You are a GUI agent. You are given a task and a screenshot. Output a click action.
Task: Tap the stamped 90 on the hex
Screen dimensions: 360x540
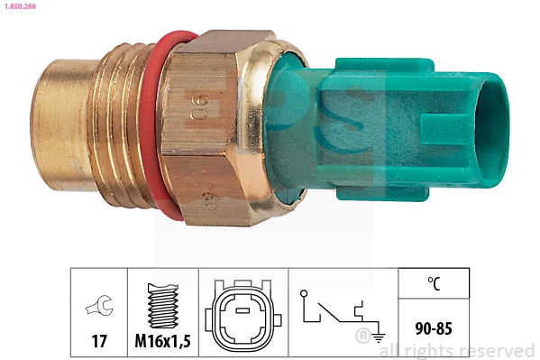point(201,106)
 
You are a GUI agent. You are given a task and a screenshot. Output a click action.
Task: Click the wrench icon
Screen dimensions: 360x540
point(99,307)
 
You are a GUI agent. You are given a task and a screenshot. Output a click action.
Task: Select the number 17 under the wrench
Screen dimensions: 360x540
point(99,342)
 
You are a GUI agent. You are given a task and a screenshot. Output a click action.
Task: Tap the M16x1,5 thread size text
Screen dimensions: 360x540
point(164,342)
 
